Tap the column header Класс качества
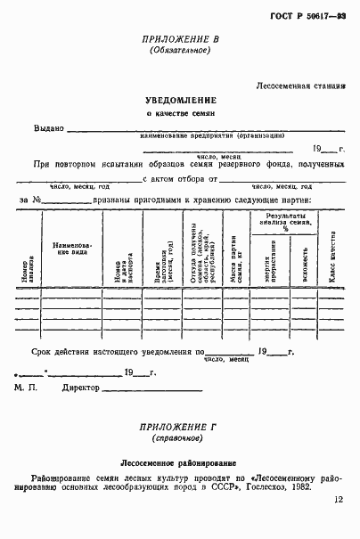point(331,259)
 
